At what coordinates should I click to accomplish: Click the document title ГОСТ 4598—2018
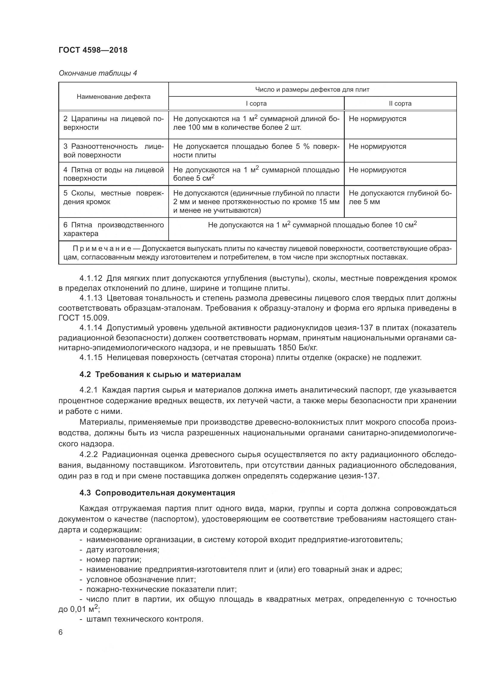(x=93, y=50)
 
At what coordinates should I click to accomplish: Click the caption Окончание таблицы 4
(x=98, y=73)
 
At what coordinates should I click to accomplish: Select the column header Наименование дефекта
(x=113, y=97)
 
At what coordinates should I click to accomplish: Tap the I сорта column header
(x=256, y=104)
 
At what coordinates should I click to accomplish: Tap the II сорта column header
(x=400, y=104)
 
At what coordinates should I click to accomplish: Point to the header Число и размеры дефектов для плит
(x=312, y=90)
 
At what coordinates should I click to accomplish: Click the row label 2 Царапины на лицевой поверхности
(x=113, y=123)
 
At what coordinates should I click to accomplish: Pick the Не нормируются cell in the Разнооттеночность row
(x=377, y=146)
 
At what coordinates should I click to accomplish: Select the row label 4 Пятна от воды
(x=113, y=174)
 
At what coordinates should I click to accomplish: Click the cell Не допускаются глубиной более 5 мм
(x=399, y=197)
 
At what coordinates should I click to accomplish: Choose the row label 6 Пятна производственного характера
(x=113, y=229)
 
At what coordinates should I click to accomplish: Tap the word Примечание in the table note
(x=102, y=249)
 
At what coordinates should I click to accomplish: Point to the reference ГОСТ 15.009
(x=83, y=318)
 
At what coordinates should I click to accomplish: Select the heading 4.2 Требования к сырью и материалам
(x=160, y=375)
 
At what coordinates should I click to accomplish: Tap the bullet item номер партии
(x=114, y=560)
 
